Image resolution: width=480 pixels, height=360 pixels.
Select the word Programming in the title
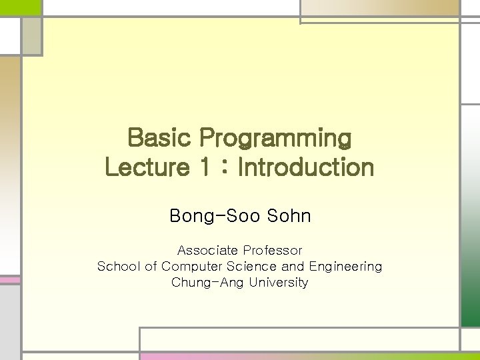[275, 139]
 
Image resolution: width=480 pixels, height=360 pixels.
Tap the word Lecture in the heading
[147, 167]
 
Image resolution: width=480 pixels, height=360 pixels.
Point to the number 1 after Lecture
[205, 167]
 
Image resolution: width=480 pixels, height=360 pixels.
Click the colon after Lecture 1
[225, 168]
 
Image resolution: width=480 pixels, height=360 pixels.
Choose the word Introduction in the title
[306, 167]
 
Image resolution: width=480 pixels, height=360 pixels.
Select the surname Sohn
[289, 215]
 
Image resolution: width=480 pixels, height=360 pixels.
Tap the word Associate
[207, 251]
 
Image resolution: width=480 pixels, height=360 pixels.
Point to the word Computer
[191, 267]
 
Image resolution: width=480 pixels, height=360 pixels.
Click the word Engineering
[345, 267]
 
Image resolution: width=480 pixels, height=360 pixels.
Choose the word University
[279, 283]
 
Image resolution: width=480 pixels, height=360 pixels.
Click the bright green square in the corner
[20, 7]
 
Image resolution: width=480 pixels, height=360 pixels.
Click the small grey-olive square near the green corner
[32, 36]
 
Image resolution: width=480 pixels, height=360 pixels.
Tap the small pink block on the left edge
[10, 280]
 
